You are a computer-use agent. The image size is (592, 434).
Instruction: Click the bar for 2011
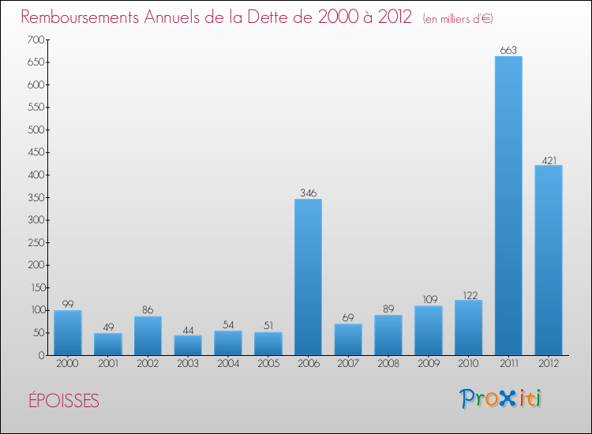coord(508,205)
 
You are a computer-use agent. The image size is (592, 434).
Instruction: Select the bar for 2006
coord(308,276)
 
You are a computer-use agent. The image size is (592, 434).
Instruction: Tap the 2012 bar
coord(549,260)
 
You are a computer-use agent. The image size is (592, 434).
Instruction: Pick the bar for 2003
coord(188,345)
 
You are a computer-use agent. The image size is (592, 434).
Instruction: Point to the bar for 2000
coord(68,332)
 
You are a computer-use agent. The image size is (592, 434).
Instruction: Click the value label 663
coord(508,51)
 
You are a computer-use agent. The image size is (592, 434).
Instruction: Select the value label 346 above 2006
coord(308,193)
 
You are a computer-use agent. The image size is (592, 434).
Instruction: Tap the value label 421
coord(549,160)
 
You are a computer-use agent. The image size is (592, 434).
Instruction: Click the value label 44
coord(188,330)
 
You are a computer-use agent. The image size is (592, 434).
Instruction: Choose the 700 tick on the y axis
coord(35,39)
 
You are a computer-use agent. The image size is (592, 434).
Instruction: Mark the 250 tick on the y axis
coord(35,242)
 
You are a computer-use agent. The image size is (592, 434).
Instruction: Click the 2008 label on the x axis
coord(388,365)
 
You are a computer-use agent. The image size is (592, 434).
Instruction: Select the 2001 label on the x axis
coord(108,365)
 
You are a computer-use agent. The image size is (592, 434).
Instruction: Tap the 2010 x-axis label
coord(468,365)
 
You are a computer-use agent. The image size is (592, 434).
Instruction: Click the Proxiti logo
coord(501,398)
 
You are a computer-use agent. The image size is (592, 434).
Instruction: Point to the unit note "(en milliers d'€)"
coord(458,18)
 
